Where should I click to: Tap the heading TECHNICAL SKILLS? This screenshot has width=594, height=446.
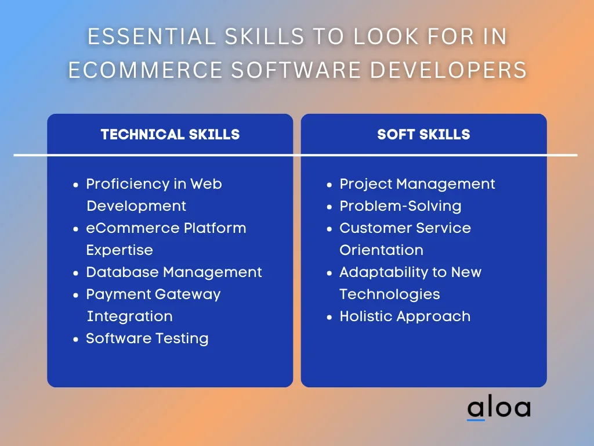click(x=170, y=134)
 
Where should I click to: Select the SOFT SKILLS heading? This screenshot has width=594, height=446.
click(x=423, y=134)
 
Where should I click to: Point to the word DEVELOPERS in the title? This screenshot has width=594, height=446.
click(x=448, y=70)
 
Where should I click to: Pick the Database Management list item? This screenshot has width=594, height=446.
click(x=174, y=272)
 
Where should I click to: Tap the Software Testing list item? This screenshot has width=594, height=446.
click(x=147, y=339)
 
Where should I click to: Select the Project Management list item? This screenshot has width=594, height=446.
click(x=417, y=184)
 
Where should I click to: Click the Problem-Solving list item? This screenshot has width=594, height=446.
click(x=400, y=206)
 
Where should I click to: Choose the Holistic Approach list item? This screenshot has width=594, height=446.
click(x=405, y=316)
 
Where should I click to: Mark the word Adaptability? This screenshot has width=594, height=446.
click(x=383, y=273)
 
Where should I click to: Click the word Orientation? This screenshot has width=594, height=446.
click(x=382, y=250)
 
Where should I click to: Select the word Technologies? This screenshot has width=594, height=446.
click(x=390, y=294)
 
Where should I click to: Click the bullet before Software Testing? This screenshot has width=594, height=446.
click(x=76, y=339)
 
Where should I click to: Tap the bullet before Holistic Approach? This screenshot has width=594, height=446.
click(x=329, y=317)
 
